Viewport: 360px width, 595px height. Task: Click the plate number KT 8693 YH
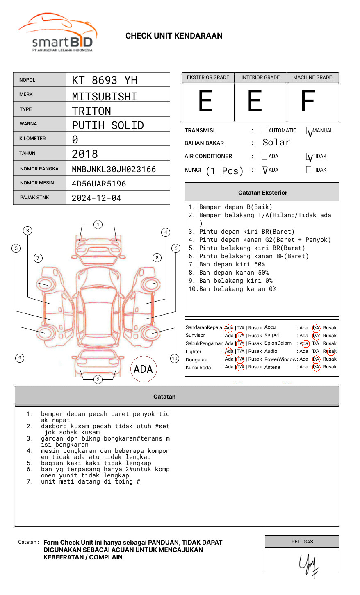[105, 80]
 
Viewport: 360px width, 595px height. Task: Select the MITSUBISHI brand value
[105, 97]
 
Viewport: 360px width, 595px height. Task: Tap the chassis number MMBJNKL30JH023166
[114, 169]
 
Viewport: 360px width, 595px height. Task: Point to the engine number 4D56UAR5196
[99, 184]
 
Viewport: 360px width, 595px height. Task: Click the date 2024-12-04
[96, 198]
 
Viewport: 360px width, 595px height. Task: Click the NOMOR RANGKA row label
[39, 169]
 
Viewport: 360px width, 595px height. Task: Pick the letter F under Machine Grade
[308, 101]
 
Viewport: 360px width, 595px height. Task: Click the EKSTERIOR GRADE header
[208, 77]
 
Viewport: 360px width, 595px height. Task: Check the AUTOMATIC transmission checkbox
[264, 131]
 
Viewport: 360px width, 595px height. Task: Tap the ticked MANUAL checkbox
[309, 131]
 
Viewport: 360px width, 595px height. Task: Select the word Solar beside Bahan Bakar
[276, 143]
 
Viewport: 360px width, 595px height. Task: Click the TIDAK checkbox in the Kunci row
[309, 170]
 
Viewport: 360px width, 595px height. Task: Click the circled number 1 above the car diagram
[98, 225]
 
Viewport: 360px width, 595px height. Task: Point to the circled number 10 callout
[175, 359]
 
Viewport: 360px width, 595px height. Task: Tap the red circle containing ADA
[143, 369]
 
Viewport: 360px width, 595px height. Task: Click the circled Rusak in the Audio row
[330, 351]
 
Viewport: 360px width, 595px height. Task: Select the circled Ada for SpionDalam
[304, 343]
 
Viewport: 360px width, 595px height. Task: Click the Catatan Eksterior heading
[262, 193]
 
